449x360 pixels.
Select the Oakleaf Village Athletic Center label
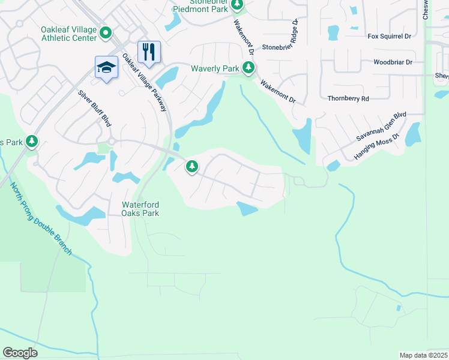tap(68, 34)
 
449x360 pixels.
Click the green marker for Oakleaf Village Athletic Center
tap(106, 33)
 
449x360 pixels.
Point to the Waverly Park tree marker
tap(248, 68)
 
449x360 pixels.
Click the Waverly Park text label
tap(215, 68)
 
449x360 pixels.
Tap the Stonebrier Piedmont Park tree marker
tap(237, 5)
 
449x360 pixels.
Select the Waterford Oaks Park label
tap(141, 208)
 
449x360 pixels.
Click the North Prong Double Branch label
tap(41, 219)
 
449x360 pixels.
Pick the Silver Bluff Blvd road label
tap(95, 108)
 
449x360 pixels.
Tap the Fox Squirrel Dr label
tap(390, 36)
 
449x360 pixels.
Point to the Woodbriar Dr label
tap(393, 62)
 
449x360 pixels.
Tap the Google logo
tap(20, 353)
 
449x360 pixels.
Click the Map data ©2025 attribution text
tap(424, 355)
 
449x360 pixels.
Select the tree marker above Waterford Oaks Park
tap(192, 166)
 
